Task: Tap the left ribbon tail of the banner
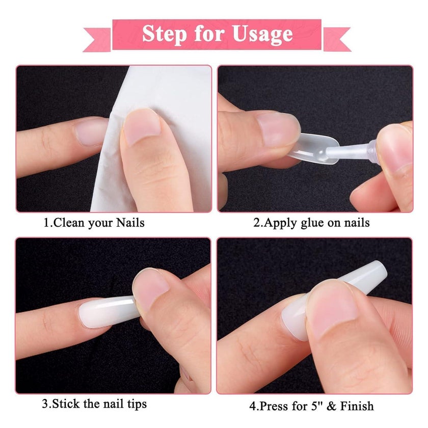coord(97,40)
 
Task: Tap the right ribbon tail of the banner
coord(337,39)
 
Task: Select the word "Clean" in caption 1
coord(69,223)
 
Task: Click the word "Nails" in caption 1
coord(130,223)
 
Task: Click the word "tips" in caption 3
coord(137,404)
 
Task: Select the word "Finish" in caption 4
coord(357,406)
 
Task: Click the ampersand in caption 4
coord(331,406)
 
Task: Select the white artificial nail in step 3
coord(108,312)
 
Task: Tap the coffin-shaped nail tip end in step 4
coord(376,270)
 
